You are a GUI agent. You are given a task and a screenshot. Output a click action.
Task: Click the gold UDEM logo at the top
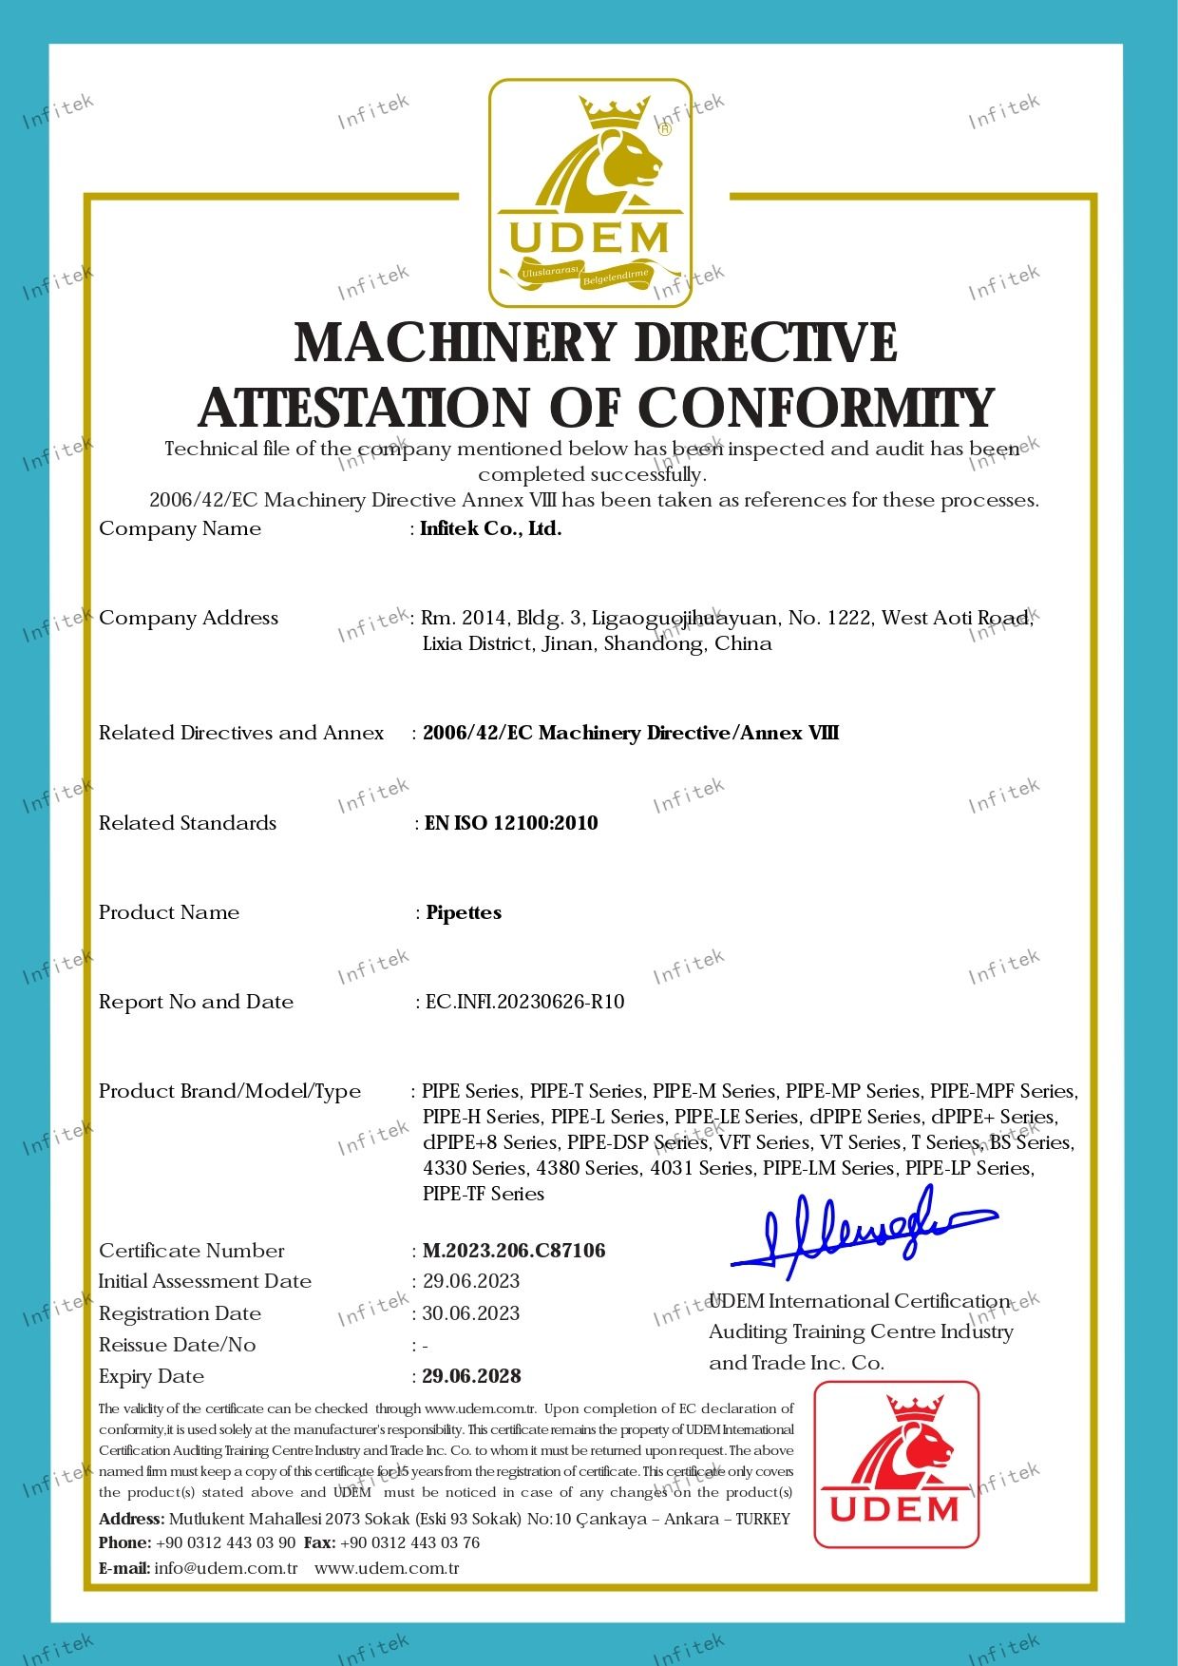(590, 193)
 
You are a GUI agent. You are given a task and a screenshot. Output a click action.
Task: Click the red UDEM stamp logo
(897, 1465)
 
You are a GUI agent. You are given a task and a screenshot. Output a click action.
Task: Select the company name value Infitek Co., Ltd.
(491, 529)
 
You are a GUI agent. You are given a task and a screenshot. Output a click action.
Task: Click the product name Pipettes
(464, 912)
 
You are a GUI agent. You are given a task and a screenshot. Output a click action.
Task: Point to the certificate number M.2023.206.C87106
(514, 1251)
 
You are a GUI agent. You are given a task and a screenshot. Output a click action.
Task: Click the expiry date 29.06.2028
(472, 1376)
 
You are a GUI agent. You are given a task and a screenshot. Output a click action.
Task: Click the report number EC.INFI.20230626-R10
(525, 1002)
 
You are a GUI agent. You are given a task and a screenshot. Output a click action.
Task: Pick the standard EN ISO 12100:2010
(511, 823)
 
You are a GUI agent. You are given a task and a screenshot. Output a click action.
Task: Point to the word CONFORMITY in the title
(816, 408)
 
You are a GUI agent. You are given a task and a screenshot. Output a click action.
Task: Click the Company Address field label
(188, 618)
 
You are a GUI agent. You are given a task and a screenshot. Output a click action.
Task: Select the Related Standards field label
(187, 823)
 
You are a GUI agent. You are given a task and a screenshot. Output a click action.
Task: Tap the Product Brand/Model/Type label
(230, 1091)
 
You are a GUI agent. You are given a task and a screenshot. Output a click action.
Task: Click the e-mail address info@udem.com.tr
(226, 1568)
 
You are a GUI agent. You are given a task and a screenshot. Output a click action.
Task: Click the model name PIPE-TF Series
(484, 1194)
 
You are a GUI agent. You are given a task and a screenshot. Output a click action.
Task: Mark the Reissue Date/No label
(177, 1345)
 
